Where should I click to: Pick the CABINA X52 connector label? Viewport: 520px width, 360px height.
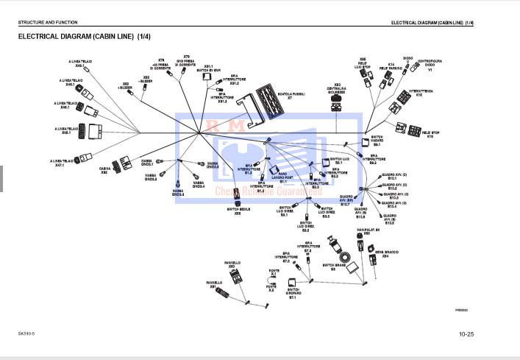[x=105, y=170]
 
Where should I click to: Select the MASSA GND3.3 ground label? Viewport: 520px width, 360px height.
[x=178, y=192]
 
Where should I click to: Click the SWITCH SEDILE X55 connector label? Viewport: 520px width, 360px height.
[x=237, y=211]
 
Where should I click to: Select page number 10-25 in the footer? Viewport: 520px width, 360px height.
[x=466, y=335]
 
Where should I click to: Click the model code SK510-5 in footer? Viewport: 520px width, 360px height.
[x=26, y=333]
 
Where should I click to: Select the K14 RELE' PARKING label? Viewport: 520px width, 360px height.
[x=391, y=66]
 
